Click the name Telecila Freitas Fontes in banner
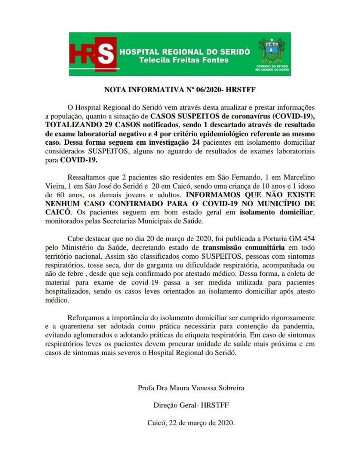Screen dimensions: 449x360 coord(184,60)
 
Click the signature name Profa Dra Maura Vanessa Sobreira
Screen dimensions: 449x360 coord(191,388)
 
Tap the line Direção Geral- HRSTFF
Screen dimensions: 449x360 coord(191,405)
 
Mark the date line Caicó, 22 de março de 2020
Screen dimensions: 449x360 coord(191,423)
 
